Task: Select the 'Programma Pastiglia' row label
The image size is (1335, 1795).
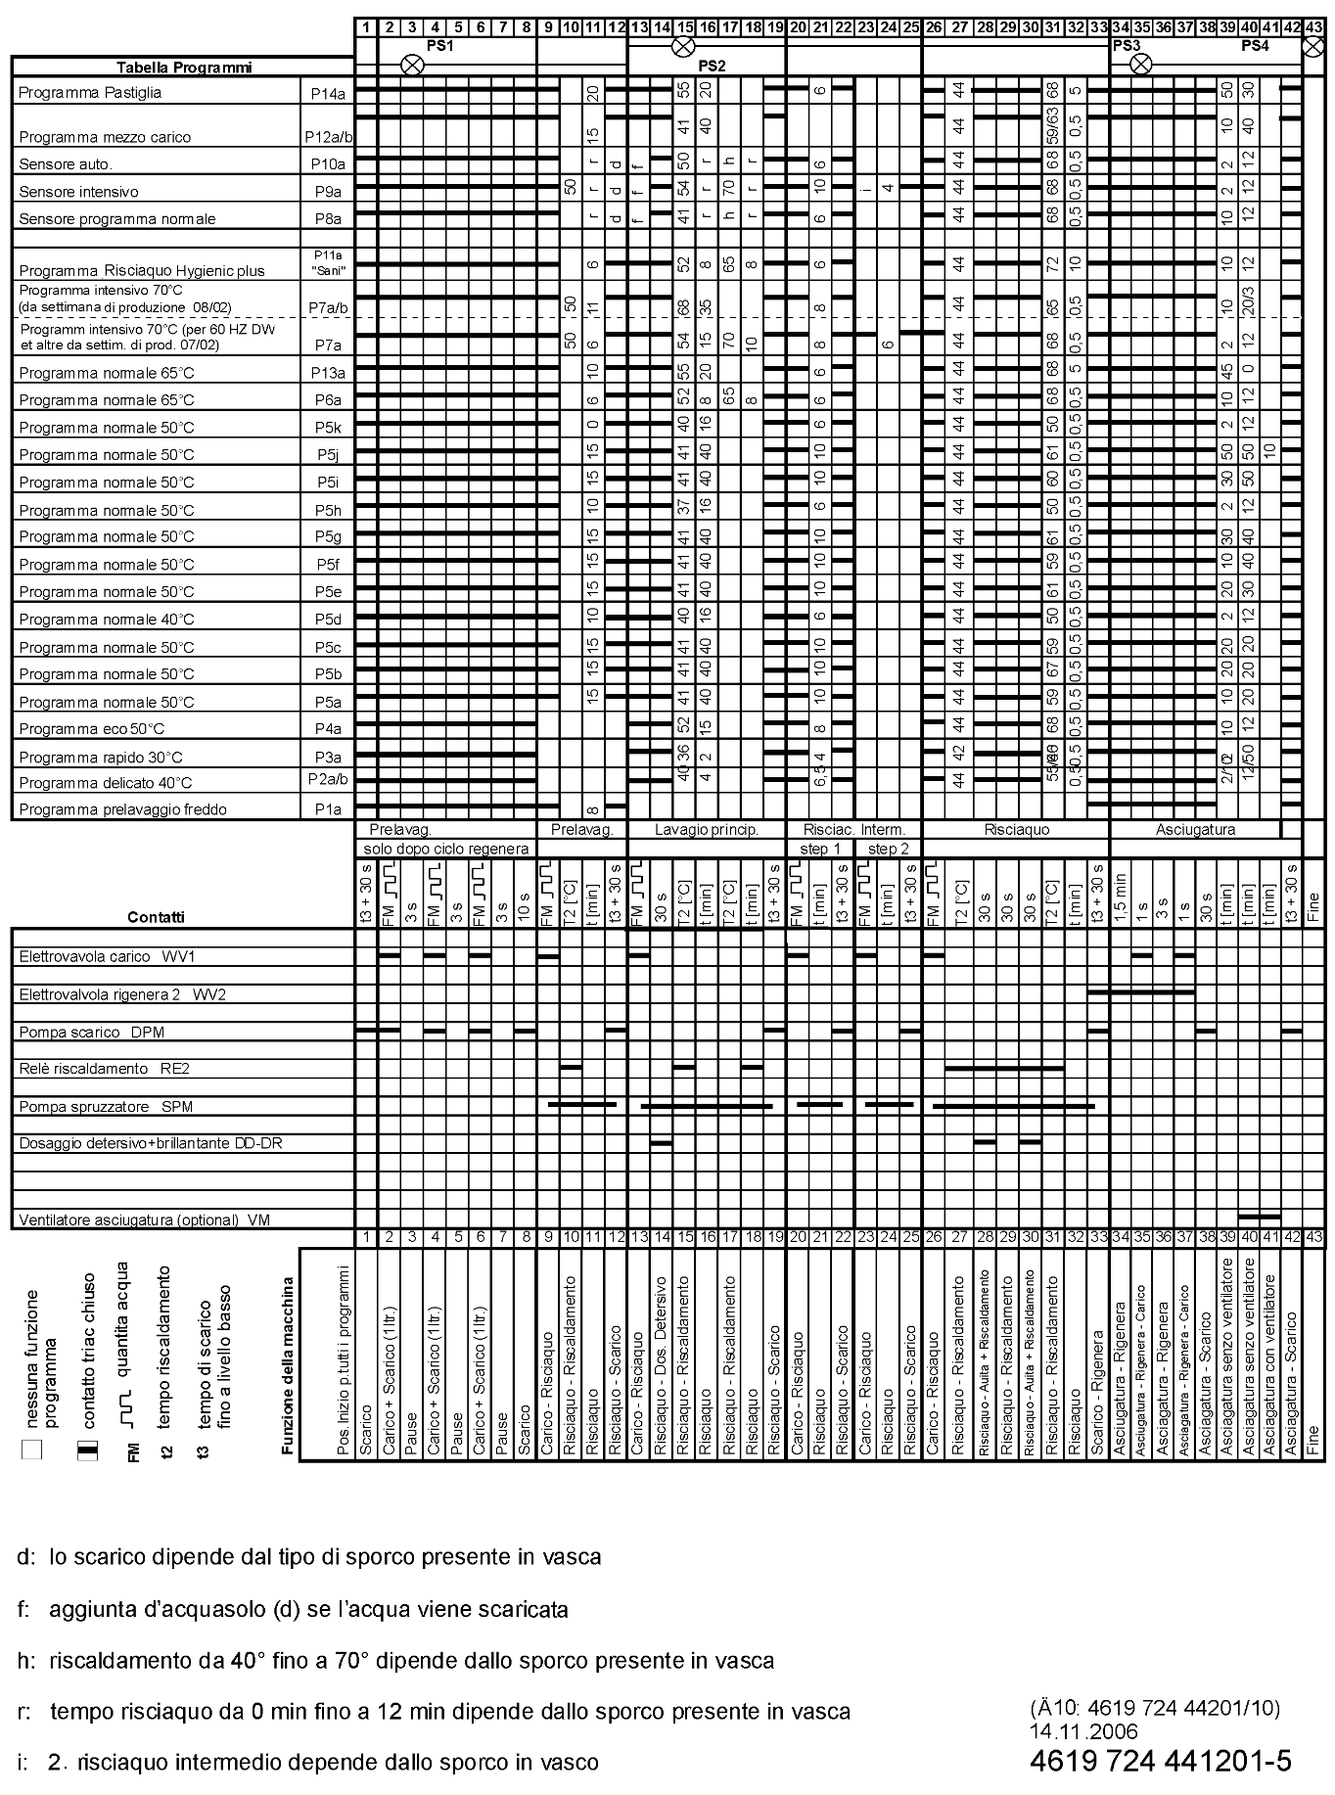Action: [90, 93]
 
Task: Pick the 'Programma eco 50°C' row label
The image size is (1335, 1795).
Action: [92, 729]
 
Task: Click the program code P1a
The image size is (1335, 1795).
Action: [328, 809]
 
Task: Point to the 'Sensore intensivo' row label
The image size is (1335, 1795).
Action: [78, 192]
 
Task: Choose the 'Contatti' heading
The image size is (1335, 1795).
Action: [156, 917]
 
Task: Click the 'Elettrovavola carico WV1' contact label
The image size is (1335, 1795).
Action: [113, 956]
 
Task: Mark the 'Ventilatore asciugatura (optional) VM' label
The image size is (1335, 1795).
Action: [145, 1220]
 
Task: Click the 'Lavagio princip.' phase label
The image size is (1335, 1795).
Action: [707, 829]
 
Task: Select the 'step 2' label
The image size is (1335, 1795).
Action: [889, 849]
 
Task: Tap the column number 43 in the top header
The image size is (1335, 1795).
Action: [1314, 27]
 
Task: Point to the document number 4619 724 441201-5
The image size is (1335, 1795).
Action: [1161, 1761]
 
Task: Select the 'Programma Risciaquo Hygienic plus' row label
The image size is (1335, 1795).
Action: [142, 271]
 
